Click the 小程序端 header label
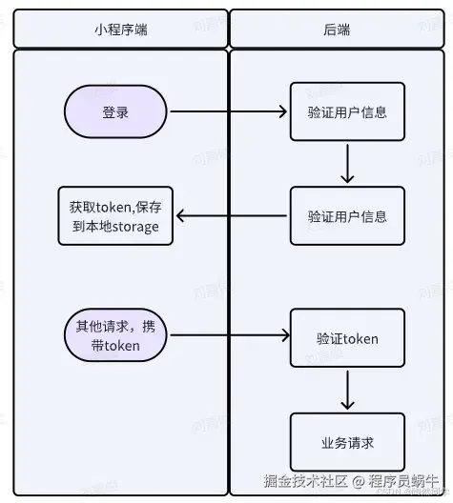point(121,30)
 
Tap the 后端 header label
point(337,30)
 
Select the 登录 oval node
point(115,112)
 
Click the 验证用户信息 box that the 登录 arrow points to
point(347,112)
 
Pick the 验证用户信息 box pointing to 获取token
point(347,216)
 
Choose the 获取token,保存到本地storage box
point(114,216)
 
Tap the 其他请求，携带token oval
point(115,335)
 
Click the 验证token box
point(347,338)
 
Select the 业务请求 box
point(347,442)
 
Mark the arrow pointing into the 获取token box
point(229,216)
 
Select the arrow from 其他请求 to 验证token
point(229,335)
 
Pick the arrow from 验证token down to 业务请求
point(347,390)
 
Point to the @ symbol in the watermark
point(361,481)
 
